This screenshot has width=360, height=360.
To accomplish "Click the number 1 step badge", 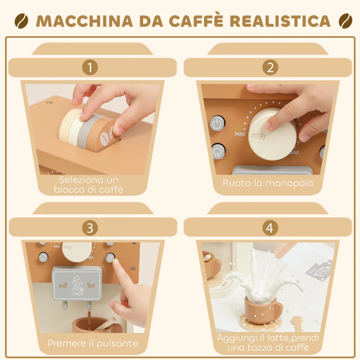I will pyautogui.click(x=90, y=68).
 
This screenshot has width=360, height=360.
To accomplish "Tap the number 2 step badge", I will pyautogui.click(x=270, y=68).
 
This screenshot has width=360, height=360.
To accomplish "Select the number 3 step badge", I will pyautogui.click(x=90, y=228).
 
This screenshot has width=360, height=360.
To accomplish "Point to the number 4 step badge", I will pyautogui.click(x=270, y=228).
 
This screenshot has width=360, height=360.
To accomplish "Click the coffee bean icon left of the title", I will pyautogui.click(x=21, y=21).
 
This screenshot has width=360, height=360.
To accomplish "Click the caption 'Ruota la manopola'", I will pyautogui.click(x=268, y=183).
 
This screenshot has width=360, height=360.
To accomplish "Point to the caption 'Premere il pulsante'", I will pyautogui.click(x=93, y=343).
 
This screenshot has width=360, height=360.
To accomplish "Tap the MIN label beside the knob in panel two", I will pyautogui.click(x=240, y=134).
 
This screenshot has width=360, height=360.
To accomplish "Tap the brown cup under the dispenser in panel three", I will pyautogui.click(x=90, y=324).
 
